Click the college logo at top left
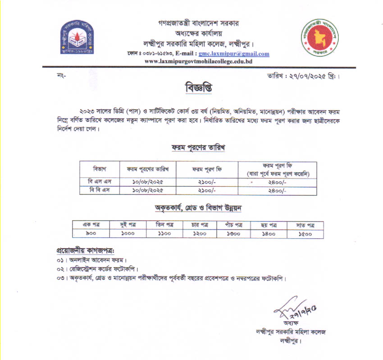click(78, 37)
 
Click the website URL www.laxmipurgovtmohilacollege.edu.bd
click(198, 61)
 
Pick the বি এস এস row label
click(98, 181)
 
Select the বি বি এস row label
click(98, 190)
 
